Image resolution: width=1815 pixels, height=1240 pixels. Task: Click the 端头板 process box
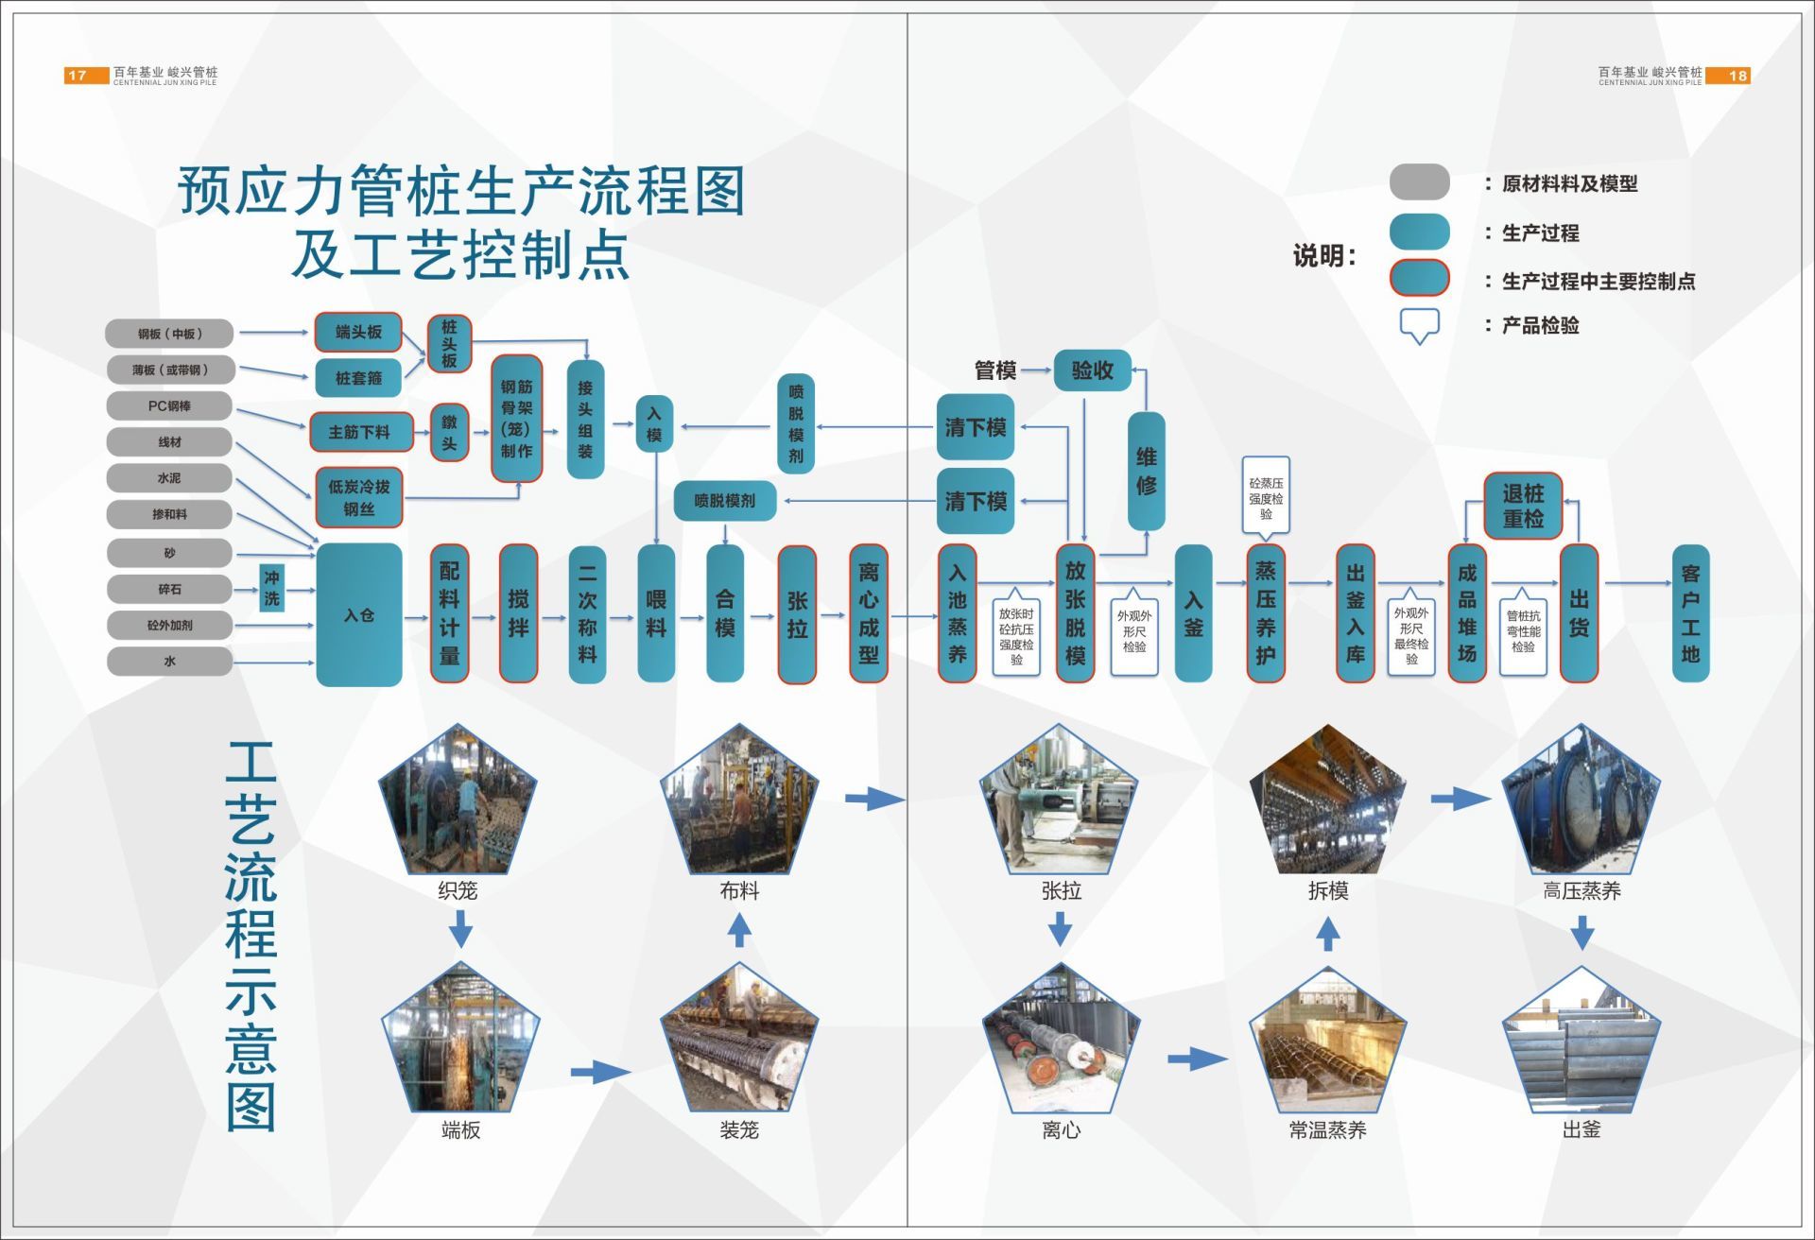358,332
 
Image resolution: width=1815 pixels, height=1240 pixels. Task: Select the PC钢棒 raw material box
169,405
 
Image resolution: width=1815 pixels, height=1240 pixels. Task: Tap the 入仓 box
358,614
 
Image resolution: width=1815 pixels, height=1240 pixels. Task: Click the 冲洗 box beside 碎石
272,588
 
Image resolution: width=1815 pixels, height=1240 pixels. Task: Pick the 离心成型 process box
868,613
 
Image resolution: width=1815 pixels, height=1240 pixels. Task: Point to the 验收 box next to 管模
1092,370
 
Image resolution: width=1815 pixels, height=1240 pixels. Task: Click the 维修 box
1146,471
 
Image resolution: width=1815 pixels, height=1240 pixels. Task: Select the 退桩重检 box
1522,506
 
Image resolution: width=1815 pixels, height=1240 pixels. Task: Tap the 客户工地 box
1690,613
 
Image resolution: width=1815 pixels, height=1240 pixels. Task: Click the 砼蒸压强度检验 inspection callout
1266,497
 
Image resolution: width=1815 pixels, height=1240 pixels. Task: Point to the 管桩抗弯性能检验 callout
1523,631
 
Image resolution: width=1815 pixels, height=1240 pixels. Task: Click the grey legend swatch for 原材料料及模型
1419,182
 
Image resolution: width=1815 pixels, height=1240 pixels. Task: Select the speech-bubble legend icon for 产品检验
1419,324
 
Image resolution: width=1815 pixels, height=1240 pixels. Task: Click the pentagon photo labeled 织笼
458,802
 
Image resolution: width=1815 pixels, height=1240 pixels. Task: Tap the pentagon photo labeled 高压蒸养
1581,802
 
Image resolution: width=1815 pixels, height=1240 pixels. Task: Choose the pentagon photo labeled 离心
1061,1042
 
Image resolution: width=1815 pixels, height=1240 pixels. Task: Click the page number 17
78,76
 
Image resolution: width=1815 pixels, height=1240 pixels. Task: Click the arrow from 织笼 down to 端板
460,929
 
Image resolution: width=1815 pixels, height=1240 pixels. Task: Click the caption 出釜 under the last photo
1581,1129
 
